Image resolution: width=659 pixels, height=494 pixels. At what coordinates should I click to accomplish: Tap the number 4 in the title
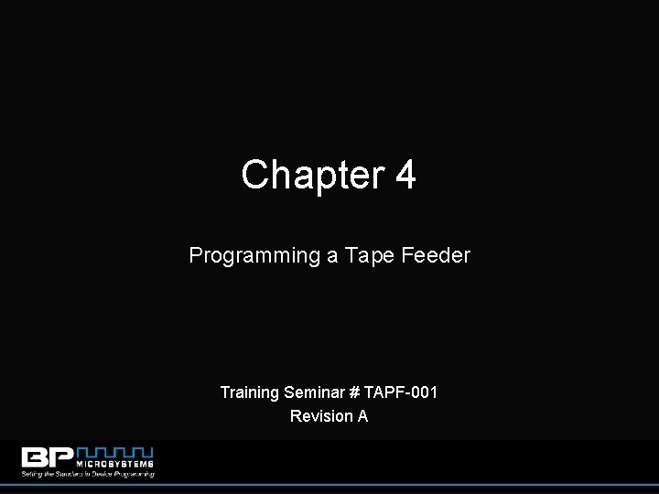coord(405,175)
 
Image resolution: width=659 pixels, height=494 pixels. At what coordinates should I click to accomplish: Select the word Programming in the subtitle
coord(254,256)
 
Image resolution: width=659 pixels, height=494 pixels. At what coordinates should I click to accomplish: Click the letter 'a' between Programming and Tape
coord(332,256)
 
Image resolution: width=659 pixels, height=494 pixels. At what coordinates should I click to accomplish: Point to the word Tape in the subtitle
coord(368,256)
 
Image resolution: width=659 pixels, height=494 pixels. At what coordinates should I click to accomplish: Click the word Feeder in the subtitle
coord(436,256)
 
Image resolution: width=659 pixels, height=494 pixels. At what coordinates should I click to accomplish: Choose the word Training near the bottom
coord(250,392)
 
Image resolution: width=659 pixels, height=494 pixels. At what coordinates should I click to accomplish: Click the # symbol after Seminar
coord(354,392)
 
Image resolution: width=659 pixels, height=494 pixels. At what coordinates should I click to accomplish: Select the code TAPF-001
coord(401,392)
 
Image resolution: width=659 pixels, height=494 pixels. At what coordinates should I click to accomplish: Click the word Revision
coord(321,416)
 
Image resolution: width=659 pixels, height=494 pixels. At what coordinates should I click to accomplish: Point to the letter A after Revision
coord(362,416)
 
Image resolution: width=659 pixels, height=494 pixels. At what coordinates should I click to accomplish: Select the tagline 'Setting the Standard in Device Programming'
coord(88,474)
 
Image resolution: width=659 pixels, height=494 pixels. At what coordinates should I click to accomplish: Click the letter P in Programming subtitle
coord(195,256)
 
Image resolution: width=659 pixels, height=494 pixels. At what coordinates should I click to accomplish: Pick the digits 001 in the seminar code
coord(425,392)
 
